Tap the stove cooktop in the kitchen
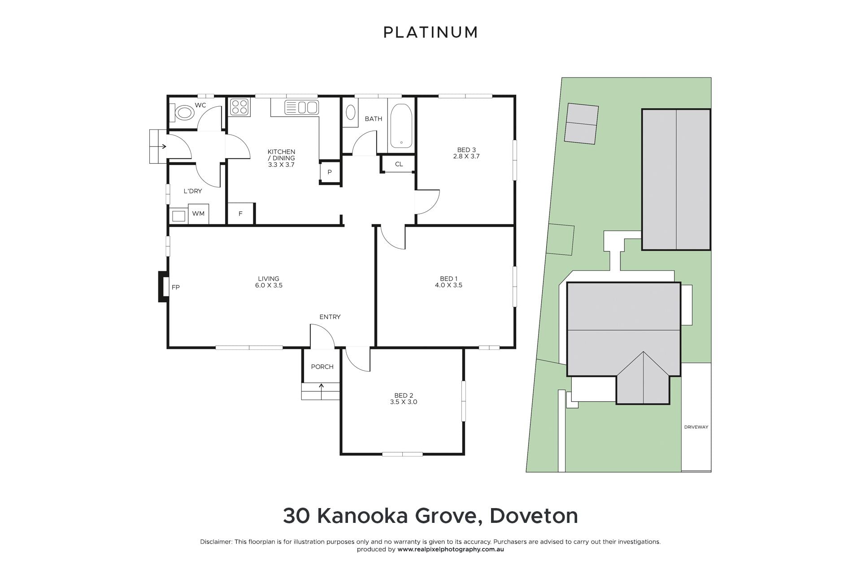(x=239, y=108)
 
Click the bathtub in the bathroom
(x=401, y=126)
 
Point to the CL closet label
(x=399, y=164)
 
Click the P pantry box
(x=330, y=172)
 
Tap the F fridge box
(x=241, y=213)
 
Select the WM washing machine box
(x=198, y=213)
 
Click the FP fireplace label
(x=176, y=287)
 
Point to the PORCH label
(x=322, y=367)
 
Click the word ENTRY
(x=330, y=317)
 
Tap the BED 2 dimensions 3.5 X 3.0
(x=404, y=402)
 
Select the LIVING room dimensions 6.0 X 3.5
(x=269, y=285)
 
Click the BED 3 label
(x=466, y=150)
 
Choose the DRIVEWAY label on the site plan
(x=696, y=427)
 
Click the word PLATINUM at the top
(x=430, y=32)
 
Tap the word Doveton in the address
(x=534, y=516)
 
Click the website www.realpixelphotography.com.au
(x=451, y=549)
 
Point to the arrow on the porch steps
(x=321, y=391)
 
